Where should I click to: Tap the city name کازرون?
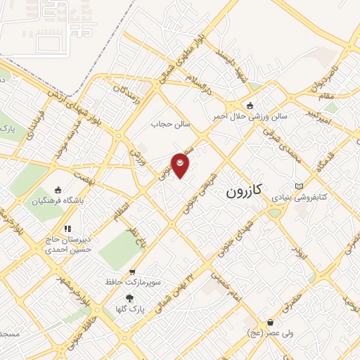[246, 191]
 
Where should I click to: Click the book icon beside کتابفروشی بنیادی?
[300, 186]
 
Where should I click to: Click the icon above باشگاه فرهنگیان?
[58, 190]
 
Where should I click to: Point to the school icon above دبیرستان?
[67, 229]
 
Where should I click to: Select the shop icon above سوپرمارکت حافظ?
[131, 271]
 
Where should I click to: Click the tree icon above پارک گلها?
[128, 297]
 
